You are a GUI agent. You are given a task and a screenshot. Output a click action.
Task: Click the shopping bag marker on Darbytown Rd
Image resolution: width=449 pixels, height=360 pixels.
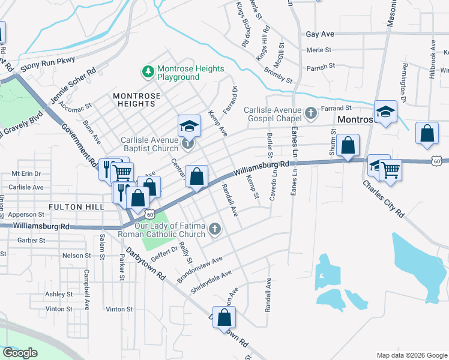click(x=224, y=318)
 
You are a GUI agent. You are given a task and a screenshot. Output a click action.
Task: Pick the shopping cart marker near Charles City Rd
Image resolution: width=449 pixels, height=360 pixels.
click(x=391, y=171)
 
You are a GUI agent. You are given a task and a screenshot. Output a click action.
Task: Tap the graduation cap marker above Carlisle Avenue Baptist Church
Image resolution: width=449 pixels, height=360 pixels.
click(x=188, y=126)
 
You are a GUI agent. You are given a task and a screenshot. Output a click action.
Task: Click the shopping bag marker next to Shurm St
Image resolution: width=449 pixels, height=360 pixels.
click(x=348, y=145)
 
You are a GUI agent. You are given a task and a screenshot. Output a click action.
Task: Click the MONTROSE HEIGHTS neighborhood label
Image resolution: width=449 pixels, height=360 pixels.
click(x=137, y=100)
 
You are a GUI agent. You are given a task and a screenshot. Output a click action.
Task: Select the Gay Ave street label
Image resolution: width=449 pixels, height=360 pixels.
click(x=319, y=35)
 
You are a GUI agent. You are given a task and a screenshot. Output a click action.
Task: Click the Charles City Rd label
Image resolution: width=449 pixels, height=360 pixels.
click(x=383, y=197)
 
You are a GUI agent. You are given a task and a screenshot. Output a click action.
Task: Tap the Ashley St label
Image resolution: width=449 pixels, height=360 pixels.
click(x=59, y=294)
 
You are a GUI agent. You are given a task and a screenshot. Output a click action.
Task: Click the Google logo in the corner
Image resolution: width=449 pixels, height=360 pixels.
click(x=20, y=353)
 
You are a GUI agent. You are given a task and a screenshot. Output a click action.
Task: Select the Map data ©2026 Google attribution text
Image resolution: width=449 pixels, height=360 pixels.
click(x=411, y=355)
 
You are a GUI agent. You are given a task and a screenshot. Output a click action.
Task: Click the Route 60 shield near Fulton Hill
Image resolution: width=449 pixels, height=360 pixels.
click(x=150, y=214)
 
